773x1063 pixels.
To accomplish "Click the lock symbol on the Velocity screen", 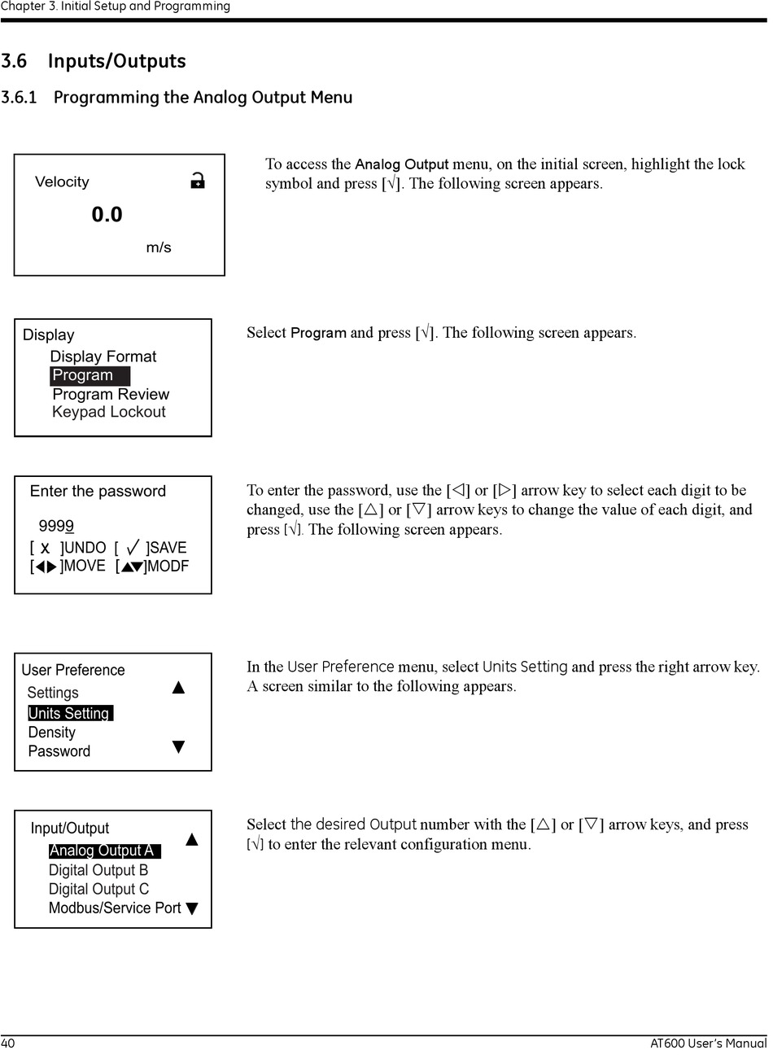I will click(197, 181).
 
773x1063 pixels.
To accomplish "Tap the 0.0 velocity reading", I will click(107, 215).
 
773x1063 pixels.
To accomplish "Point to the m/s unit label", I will click(159, 247).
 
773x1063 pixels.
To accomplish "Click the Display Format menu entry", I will click(103, 357).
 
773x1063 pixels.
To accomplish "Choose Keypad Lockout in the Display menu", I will click(108, 412).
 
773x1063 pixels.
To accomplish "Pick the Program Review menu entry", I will click(111, 394).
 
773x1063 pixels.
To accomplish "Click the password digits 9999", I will click(56, 526).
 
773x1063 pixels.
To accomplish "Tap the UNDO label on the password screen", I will click(85, 548).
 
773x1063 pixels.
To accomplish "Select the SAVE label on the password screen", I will click(168, 548).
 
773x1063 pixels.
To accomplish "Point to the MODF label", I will click(168, 566).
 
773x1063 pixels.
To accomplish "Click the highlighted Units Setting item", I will click(69, 713).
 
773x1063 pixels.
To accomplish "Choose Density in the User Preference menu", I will click(51, 733).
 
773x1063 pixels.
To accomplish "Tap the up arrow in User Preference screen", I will click(179, 688).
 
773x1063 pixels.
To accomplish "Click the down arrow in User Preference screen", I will click(179, 746).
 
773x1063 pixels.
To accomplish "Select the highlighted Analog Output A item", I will click(103, 851).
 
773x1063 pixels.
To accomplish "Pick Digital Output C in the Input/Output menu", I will click(98, 889).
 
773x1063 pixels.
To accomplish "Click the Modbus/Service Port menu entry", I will click(114, 908).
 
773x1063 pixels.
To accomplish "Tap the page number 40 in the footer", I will click(8, 1043).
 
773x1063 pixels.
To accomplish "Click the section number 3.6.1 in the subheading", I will click(20, 98).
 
